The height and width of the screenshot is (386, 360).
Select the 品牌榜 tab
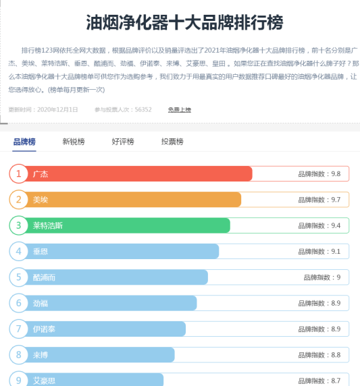click(24, 142)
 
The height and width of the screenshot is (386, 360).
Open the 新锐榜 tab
click(74, 142)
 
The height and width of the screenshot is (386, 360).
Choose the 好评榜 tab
click(123, 142)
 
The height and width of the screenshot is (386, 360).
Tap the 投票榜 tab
click(172, 142)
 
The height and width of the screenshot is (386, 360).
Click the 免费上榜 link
click(180, 109)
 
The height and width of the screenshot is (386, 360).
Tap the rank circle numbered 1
click(19, 174)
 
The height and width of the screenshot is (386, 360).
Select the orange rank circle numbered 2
click(19, 200)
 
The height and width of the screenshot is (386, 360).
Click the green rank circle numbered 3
click(19, 225)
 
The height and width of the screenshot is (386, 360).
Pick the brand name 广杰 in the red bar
click(41, 174)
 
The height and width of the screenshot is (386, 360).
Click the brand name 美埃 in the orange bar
click(41, 200)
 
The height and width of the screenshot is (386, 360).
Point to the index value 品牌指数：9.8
click(319, 174)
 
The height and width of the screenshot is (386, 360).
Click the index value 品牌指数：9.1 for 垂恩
click(319, 252)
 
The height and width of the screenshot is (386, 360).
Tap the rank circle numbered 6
click(19, 303)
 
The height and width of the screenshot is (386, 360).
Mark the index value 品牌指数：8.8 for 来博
click(319, 355)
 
